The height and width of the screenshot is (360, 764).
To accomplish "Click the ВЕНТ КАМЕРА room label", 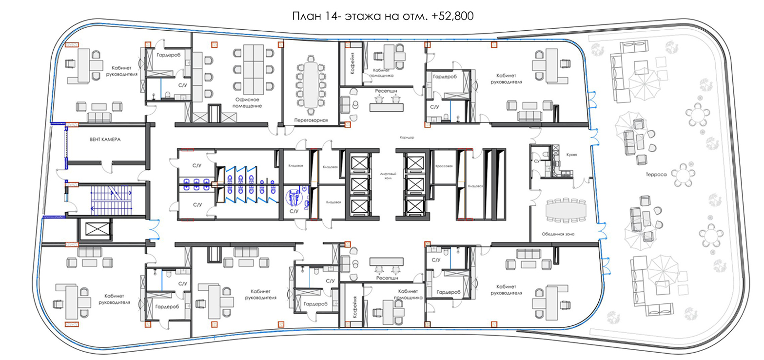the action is click(x=105, y=139).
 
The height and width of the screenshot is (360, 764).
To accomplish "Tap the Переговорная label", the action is click(x=311, y=120).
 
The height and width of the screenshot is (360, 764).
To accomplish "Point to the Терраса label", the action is click(x=656, y=174).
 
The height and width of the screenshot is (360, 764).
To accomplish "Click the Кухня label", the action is click(x=571, y=155).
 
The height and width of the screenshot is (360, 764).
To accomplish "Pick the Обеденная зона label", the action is click(x=558, y=234).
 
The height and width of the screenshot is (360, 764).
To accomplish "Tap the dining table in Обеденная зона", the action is click(x=566, y=211).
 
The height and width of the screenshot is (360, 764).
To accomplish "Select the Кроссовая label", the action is click(x=444, y=166).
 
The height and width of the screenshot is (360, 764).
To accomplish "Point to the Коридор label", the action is click(x=407, y=138).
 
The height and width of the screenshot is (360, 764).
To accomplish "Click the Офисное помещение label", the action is click(x=247, y=103).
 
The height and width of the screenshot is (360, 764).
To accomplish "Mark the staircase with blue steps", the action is click(x=111, y=200).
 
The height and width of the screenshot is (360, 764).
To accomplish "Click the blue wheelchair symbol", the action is click(x=294, y=198).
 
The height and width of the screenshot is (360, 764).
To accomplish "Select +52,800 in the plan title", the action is click(x=452, y=16).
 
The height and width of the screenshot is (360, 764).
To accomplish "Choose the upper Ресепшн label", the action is click(x=386, y=91).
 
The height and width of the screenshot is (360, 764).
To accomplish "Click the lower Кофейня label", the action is click(x=355, y=307).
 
